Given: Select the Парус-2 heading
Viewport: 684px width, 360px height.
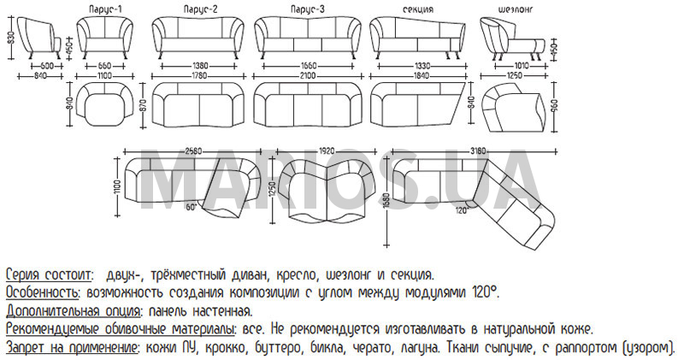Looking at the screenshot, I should tap(200, 9).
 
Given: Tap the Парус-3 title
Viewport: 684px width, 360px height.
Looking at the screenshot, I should tap(308, 9).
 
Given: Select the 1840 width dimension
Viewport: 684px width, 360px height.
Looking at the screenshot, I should tap(419, 76).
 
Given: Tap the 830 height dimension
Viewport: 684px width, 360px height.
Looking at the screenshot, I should tap(10, 38).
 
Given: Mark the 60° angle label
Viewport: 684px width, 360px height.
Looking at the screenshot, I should tap(193, 207).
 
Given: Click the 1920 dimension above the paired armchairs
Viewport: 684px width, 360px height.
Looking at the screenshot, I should tap(329, 151).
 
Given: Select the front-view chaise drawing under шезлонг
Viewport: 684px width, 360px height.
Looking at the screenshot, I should tap(513, 38).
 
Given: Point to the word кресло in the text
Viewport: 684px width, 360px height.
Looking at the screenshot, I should tap(296, 275).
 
